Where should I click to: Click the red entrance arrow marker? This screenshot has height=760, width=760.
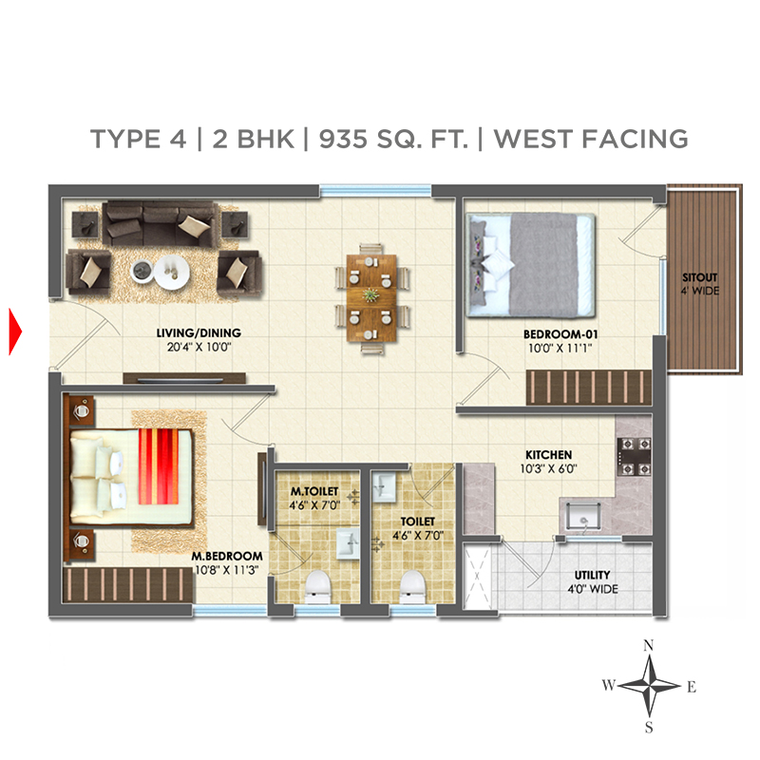15,332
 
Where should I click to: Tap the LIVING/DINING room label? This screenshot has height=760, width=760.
199,333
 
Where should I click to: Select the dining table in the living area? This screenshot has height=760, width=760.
371,297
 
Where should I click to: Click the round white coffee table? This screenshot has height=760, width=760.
172,272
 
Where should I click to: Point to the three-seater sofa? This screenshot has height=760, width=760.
159,223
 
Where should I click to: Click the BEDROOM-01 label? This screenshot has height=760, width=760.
560,334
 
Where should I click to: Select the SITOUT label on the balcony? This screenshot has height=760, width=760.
699,277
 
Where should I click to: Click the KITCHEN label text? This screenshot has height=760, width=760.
549,455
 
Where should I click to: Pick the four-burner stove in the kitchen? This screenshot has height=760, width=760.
634,456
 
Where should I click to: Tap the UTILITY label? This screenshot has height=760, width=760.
592,575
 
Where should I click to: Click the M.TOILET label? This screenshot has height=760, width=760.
314,491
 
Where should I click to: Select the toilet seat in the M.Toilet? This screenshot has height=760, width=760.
318,586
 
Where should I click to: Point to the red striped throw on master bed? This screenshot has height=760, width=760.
159,466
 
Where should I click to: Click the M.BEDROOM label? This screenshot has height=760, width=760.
227,556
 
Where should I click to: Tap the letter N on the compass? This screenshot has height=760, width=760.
649,645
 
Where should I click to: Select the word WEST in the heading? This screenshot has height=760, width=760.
533,139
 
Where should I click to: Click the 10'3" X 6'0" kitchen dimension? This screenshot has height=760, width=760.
549,468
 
